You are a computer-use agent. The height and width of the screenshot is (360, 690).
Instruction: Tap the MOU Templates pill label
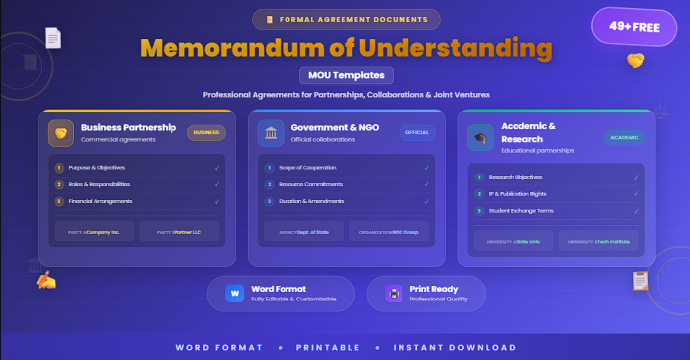pyautogui.click(x=345, y=75)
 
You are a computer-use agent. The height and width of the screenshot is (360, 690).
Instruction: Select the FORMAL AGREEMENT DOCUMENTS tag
pyautogui.click(x=345, y=18)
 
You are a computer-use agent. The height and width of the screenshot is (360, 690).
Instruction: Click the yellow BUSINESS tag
pyautogui.click(x=206, y=131)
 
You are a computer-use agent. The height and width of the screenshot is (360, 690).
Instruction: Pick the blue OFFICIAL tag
pyautogui.click(x=417, y=131)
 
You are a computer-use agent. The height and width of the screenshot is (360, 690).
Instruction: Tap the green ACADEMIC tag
pyautogui.click(x=625, y=138)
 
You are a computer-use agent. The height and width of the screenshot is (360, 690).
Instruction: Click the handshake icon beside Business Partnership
pyautogui.click(x=60, y=132)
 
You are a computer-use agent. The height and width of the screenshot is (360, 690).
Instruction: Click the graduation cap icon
pyautogui.click(x=481, y=139)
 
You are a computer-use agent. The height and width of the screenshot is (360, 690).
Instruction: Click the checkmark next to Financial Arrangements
pyautogui.click(x=216, y=201)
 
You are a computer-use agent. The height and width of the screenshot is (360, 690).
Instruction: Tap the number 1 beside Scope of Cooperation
pyautogui.click(x=269, y=168)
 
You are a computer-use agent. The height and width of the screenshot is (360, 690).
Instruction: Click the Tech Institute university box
pyautogui.click(x=600, y=240)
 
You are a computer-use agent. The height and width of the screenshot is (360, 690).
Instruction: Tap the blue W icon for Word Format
pyautogui.click(x=235, y=294)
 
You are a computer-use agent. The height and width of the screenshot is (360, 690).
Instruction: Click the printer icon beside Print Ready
pyautogui.click(x=394, y=294)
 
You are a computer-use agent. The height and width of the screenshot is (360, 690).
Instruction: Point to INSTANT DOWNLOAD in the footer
pyautogui.click(x=454, y=347)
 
